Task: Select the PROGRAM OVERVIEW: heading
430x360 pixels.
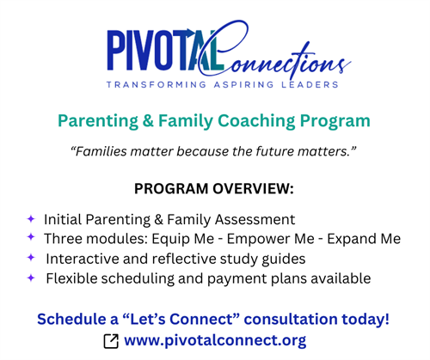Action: coord(214,189)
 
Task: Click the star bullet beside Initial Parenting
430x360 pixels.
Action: coord(31,219)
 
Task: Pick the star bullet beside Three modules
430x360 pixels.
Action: coord(31,238)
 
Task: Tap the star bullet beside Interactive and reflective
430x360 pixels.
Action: coord(31,258)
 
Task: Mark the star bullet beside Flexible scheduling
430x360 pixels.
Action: coord(31,278)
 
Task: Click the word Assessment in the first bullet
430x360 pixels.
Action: coord(255,219)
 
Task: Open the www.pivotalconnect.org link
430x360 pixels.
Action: coord(215,341)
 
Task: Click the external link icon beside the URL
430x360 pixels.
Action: coord(110,342)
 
